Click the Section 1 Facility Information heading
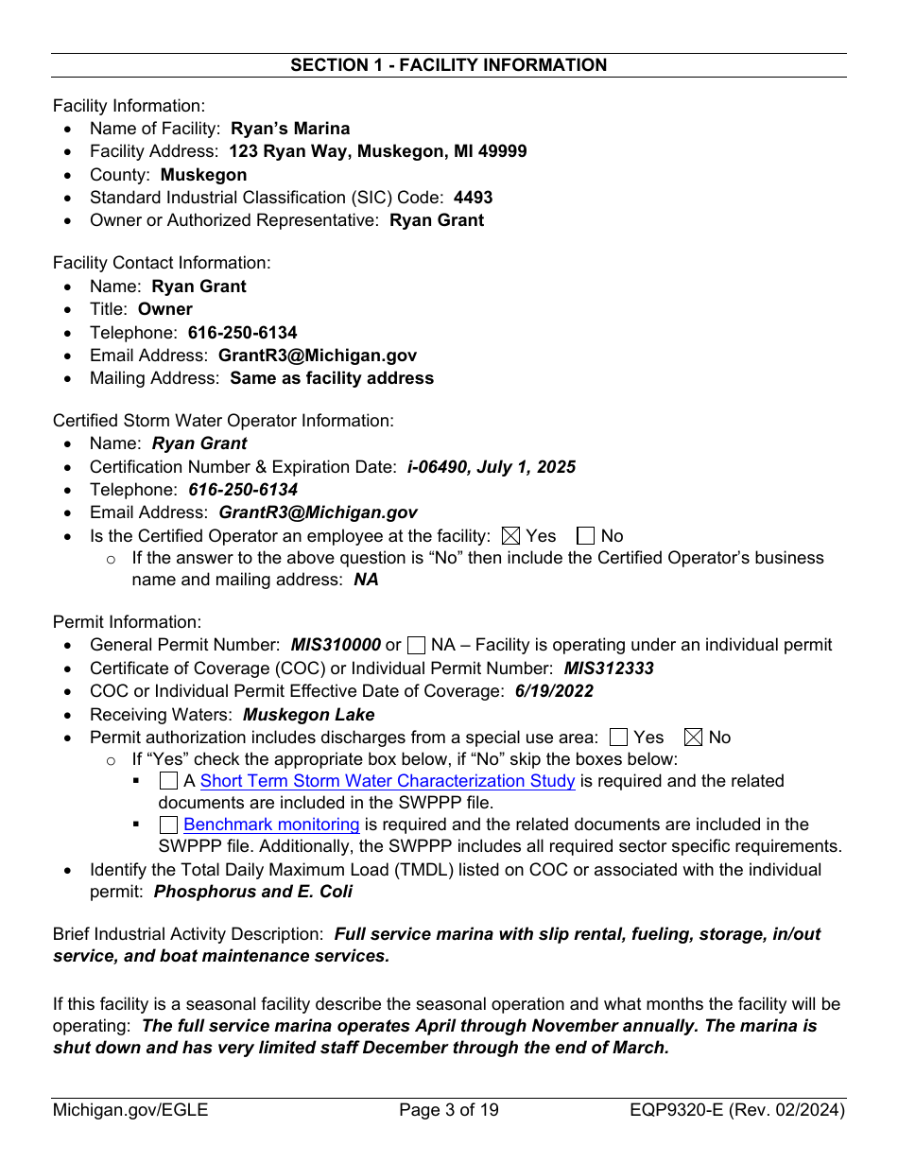pyautogui.click(x=448, y=65)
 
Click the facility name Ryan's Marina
pyautogui.click(x=289, y=129)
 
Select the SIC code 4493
pyautogui.click(x=473, y=198)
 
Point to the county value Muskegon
pyautogui.click(x=203, y=175)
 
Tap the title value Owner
pyautogui.click(x=164, y=309)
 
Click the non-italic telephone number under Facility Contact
pyautogui.click(x=242, y=333)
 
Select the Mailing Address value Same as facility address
pyautogui.click(x=332, y=378)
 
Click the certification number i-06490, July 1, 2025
pyautogui.click(x=491, y=467)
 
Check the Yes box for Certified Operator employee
pyautogui.click(x=510, y=536)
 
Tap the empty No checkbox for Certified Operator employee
pyautogui.click(x=585, y=536)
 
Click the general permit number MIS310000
pyautogui.click(x=336, y=645)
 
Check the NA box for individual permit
pyautogui.click(x=416, y=646)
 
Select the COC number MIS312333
pyautogui.click(x=609, y=668)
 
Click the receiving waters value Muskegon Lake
pyautogui.click(x=308, y=715)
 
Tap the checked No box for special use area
pyautogui.click(x=693, y=738)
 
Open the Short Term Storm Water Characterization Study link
pyautogui.click(x=388, y=781)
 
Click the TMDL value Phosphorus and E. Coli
pyautogui.click(x=252, y=892)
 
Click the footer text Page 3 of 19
pyautogui.click(x=448, y=1110)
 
